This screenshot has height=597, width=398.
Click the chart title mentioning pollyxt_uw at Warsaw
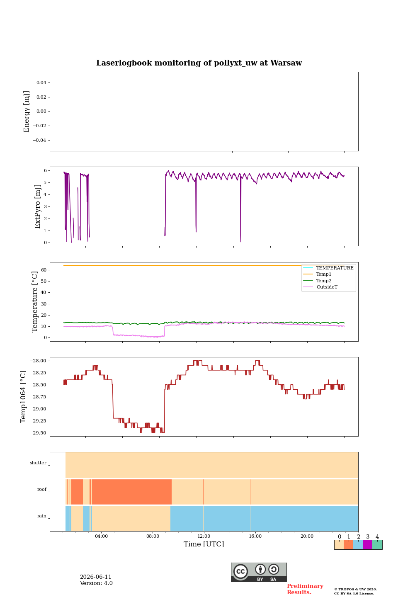click(x=199, y=63)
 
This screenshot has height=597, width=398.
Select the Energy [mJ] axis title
click(x=26, y=112)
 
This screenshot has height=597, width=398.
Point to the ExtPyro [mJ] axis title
click(x=37, y=206)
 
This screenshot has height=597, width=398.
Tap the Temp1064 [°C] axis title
click(x=23, y=397)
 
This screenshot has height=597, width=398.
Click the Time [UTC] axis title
click(x=204, y=544)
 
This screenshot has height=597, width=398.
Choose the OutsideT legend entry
click(x=327, y=287)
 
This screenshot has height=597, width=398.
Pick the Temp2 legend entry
click(x=324, y=281)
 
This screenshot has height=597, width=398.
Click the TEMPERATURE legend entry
click(x=335, y=268)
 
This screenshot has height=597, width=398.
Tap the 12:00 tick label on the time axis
click(x=204, y=536)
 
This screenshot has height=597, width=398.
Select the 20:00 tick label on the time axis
click(x=307, y=536)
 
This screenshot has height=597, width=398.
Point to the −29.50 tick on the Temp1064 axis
click(x=38, y=433)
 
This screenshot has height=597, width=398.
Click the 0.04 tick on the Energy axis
click(x=41, y=83)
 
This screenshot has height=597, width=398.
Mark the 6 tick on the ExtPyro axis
click(x=45, y=170)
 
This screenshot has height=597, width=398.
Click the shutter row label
click(x=38, y=463)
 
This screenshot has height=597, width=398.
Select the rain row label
click(x=42, y=516)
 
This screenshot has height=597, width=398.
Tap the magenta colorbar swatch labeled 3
click(x=367, y=545)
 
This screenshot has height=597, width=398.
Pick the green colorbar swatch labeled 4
click(x=377, y=545)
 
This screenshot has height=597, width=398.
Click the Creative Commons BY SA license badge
click(x=259, y=572)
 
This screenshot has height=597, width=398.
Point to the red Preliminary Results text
click(x=305, y=589)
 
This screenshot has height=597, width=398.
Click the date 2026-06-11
click(x=96, y=577)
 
